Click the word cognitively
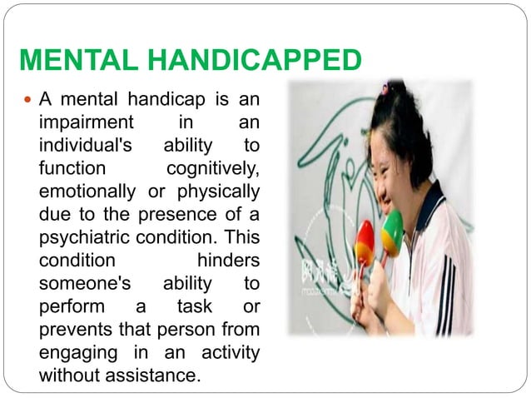tap(213, 169)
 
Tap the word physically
tap(215, 192)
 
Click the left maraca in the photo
tap(365, 243)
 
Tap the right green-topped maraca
tap(391, 232)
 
